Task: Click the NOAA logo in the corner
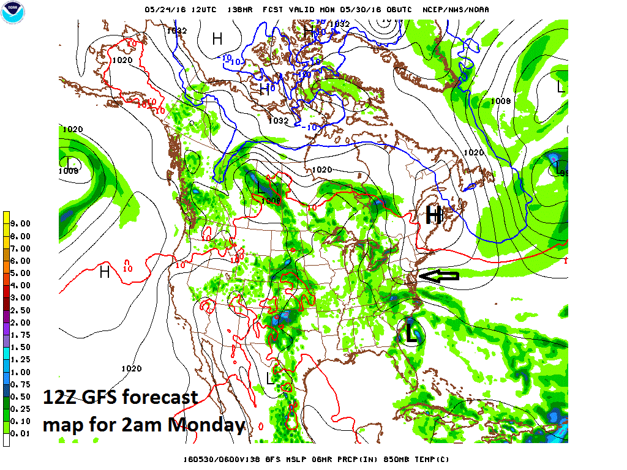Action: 14,13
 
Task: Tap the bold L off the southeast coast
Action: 411,334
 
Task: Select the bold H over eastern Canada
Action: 434,215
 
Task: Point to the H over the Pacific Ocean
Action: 105,271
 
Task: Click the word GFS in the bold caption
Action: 98,398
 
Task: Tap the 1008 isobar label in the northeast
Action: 501,100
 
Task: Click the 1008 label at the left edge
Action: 69,171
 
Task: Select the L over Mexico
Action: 270,378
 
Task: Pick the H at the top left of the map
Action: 217,39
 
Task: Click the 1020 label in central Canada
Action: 321,170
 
